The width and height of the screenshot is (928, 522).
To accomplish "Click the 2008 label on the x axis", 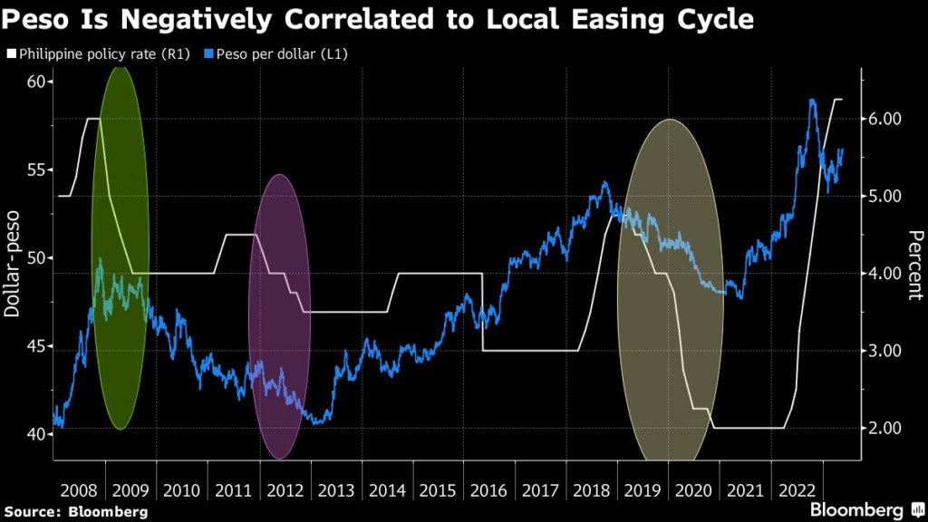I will click(79, 490).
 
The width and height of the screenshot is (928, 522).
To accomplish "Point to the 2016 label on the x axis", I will click(489, 490).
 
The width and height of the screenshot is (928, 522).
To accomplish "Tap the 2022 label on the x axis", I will click(797, 490).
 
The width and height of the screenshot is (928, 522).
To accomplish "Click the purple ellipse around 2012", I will click(279, 317).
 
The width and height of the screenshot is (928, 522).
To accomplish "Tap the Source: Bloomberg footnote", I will click(76, 511).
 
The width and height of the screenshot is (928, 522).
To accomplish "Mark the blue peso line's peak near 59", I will click(812, 101).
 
